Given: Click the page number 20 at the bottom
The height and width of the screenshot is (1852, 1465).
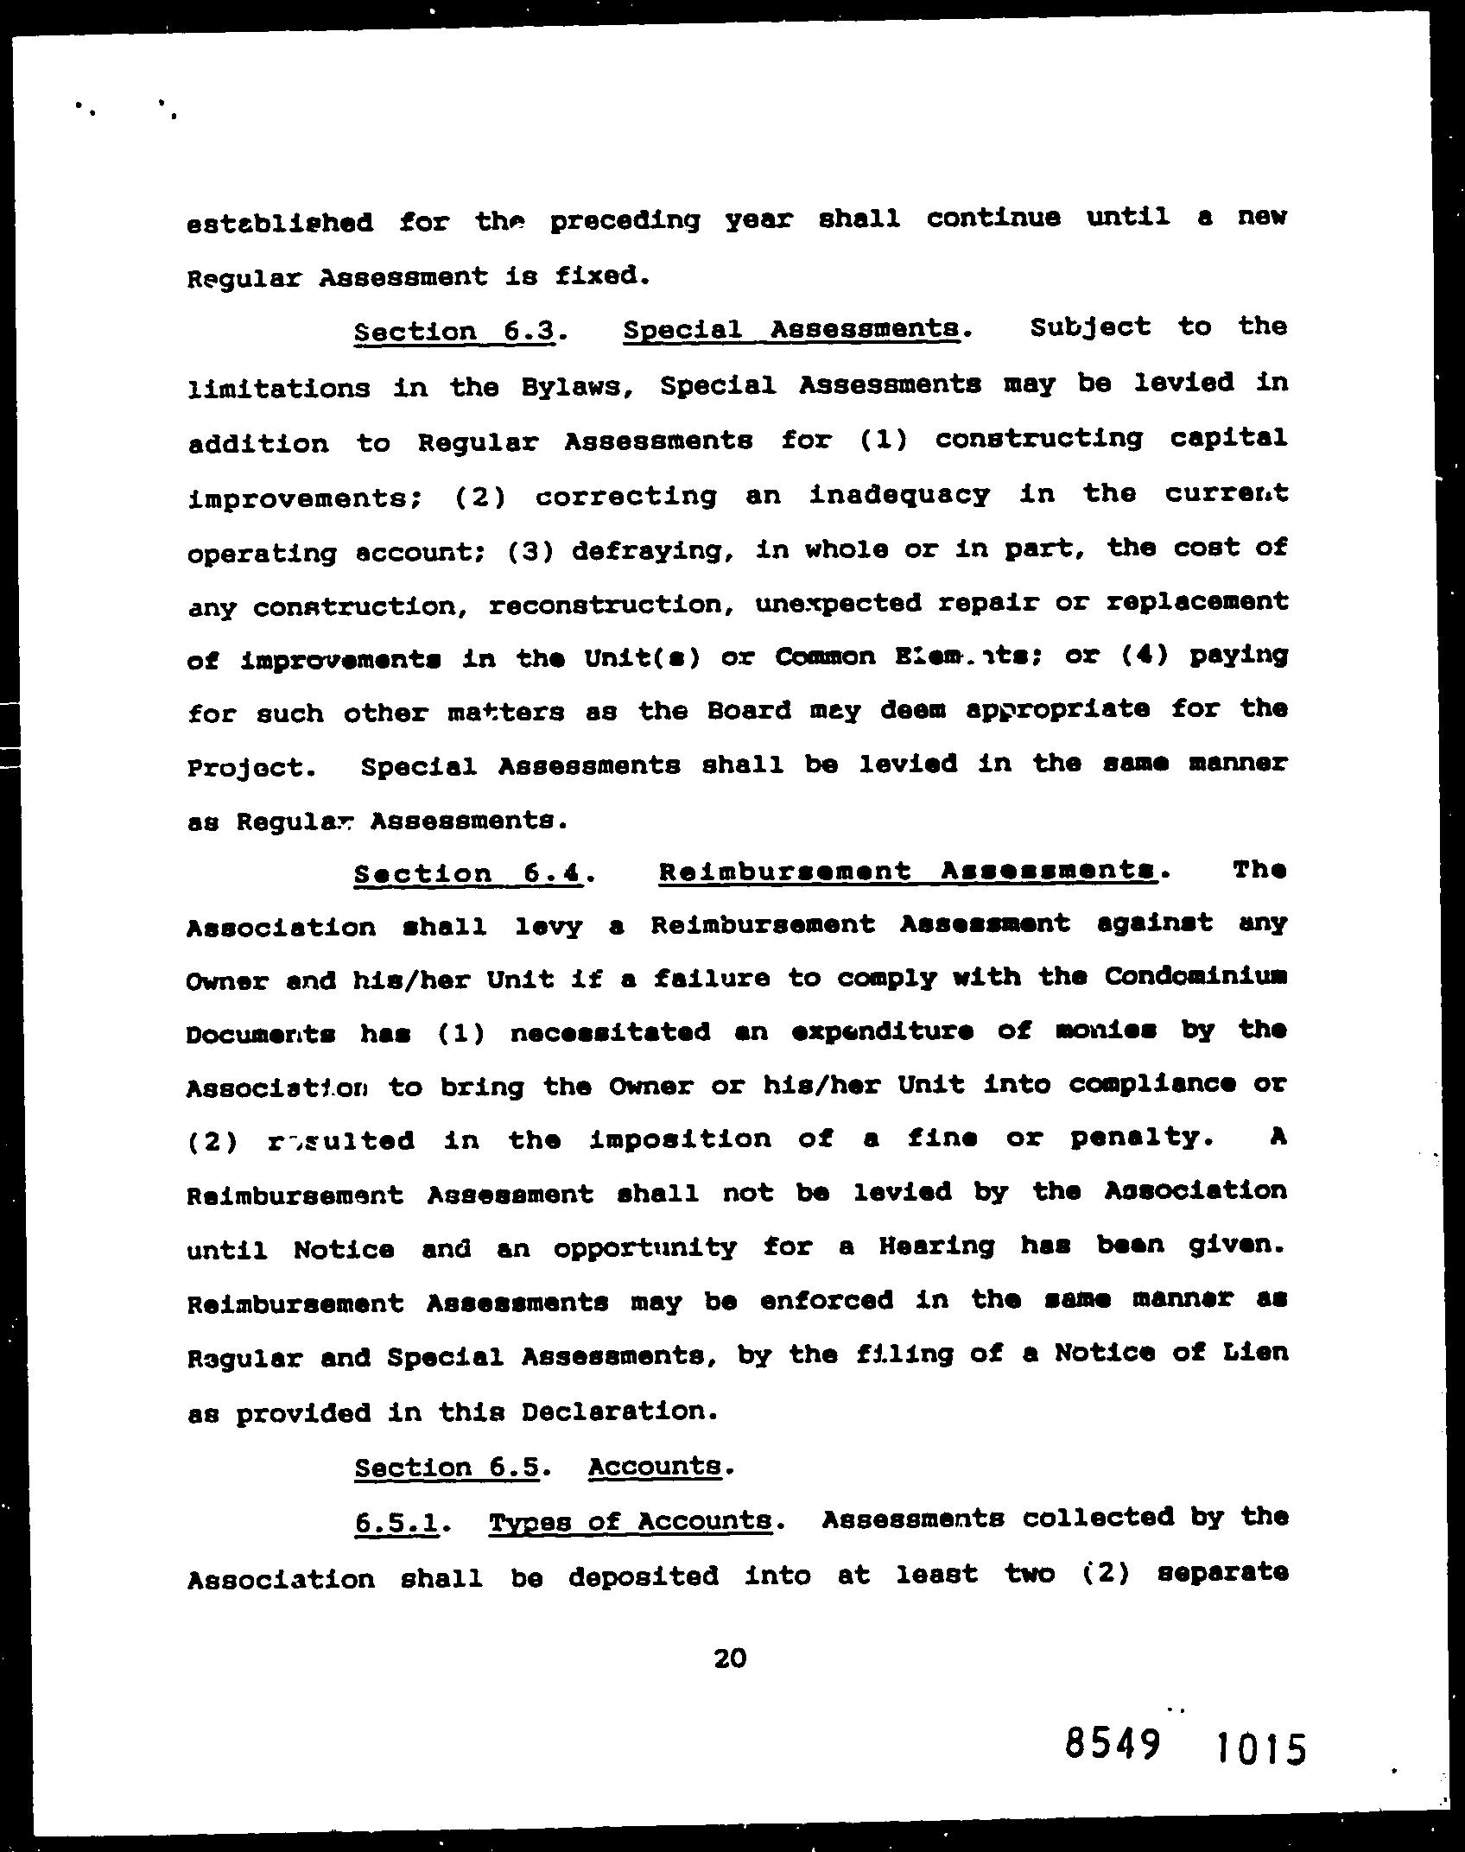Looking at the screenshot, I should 730,1658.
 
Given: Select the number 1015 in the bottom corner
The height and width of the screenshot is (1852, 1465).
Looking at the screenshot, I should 1260,1749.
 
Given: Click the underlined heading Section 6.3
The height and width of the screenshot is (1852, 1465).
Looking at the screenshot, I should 453,332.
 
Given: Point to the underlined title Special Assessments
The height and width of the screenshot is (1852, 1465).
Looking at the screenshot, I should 790,329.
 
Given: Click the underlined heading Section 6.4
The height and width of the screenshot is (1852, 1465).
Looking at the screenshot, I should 468,873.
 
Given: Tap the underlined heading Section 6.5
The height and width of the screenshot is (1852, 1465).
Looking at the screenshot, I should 447,1468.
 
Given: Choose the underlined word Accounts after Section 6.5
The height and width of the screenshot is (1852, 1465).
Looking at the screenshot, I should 654,1466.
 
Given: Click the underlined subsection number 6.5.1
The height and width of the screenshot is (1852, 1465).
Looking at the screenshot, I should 396,1523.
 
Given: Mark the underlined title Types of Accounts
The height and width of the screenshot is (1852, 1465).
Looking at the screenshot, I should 631,1522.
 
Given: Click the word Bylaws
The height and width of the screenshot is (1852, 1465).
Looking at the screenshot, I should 576,386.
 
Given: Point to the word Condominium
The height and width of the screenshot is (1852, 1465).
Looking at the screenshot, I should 1195,976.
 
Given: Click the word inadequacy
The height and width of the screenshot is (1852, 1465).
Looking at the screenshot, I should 899,494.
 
